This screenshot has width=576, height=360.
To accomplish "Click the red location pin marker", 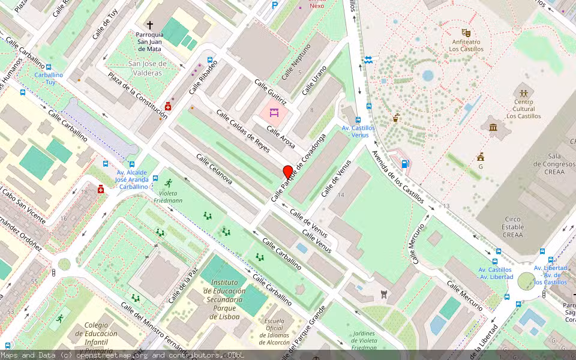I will [x=288, y=172].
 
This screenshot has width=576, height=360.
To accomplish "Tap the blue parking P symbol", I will [x=275, y=5].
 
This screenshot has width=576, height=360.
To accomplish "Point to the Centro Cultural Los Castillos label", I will [x=523, y=109].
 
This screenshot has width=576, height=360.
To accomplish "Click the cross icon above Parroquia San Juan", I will [x=150, y=25].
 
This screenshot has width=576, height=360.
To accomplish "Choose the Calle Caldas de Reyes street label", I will [x=243, y=131].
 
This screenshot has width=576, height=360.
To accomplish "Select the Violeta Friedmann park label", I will [x=169, y=197].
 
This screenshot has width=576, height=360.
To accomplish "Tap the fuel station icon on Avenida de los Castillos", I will [x=405, y=163].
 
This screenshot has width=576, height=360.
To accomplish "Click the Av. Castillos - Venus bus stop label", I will [x=358, y=131].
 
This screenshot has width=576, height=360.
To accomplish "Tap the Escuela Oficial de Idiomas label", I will [x=274, y=331].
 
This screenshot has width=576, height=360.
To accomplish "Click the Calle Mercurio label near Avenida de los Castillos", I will [x=419, y=243].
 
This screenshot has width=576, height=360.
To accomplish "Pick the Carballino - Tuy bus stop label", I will [x=48, y=79].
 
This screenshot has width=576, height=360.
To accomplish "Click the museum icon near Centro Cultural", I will [x=493, y=127].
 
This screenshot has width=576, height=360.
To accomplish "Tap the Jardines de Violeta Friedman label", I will [x=364, y=341].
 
